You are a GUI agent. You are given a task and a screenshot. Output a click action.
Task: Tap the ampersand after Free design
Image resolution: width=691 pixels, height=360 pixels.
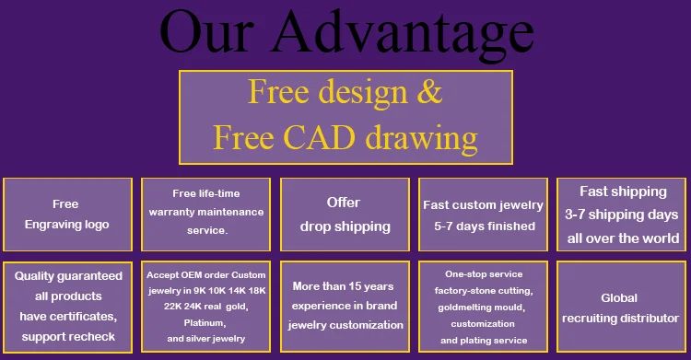428,92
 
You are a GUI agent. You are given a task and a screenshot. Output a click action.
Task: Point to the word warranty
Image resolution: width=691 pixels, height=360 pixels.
170,212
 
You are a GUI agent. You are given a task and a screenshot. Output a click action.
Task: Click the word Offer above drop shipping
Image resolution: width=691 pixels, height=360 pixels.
344,203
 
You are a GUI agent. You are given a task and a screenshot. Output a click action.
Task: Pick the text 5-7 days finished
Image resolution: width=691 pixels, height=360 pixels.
485,226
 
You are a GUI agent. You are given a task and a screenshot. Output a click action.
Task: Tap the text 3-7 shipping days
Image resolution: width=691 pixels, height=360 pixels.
621,215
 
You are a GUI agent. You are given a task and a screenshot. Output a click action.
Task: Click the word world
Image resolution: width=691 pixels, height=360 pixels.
661,238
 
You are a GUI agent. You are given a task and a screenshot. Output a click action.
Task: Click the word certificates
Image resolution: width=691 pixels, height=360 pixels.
91,317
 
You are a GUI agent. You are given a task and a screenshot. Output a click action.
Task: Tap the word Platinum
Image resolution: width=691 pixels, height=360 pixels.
205,323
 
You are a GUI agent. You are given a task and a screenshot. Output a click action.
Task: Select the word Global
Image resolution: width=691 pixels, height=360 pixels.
619,298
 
